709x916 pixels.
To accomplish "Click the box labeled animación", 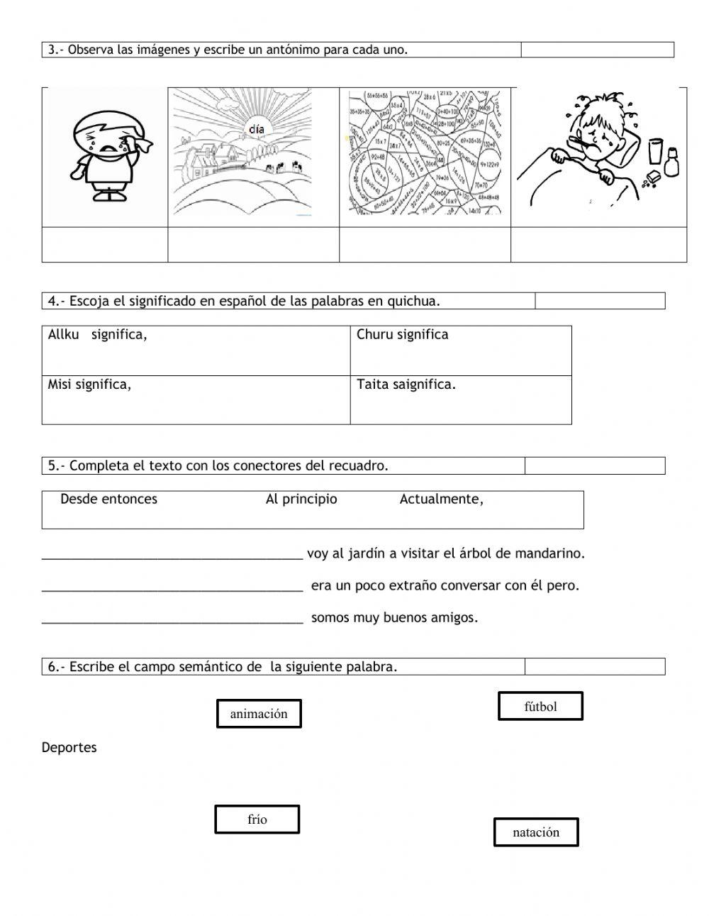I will pos(259,714).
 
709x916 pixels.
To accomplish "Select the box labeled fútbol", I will pos(540,707).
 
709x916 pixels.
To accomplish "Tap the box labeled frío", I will pos(257,820).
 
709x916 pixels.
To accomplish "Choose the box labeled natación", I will pos(536,832).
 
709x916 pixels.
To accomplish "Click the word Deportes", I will pos(69,748).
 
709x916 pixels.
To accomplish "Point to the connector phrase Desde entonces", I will pos(108,500).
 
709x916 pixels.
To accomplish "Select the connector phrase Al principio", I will pos(301,500).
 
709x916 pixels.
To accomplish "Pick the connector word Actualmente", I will pos(441,500).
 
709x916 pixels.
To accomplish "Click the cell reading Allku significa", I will pos(98,335).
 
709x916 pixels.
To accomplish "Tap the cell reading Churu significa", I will pos(402,335).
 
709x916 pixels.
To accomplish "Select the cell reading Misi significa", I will pos(89,385).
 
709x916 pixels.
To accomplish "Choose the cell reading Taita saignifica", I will pos(406,385).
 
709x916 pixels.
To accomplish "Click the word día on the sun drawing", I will pos(257,129).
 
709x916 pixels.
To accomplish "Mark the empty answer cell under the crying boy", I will pos(105,245).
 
